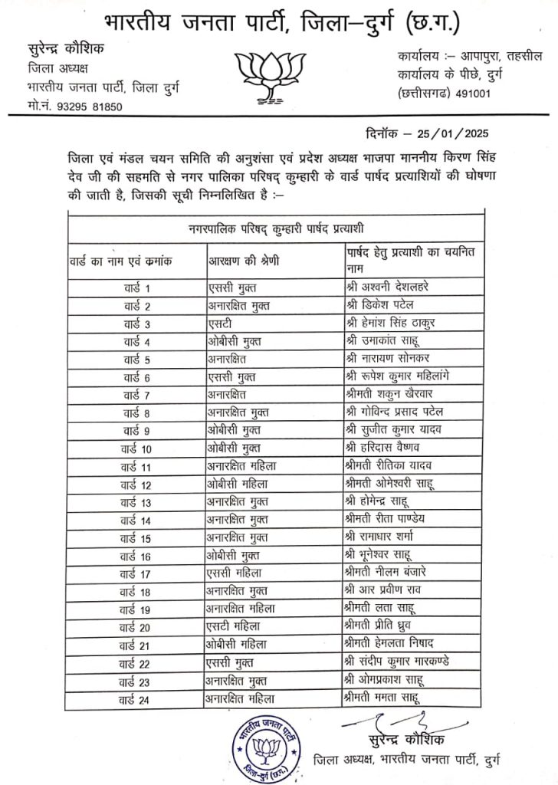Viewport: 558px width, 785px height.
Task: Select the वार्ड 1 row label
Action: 137,287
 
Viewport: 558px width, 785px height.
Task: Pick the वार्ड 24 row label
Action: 137,698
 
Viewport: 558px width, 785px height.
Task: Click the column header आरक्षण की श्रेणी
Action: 244,261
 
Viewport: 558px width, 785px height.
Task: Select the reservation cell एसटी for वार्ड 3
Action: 222,324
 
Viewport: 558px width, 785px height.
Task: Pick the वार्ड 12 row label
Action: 137,484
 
